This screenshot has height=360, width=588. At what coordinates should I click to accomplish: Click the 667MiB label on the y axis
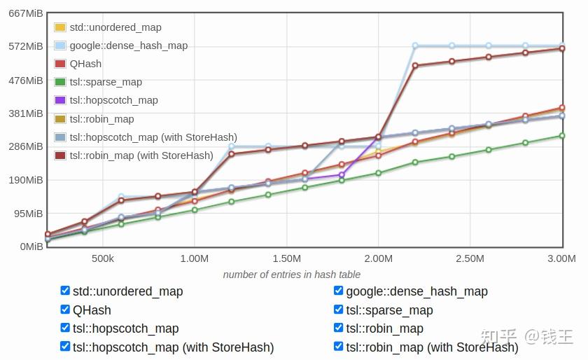[25, 13]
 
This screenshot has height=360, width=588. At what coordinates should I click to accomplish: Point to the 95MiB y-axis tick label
[29, 214]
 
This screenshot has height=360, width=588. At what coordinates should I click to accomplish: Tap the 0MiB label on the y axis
[31, 247]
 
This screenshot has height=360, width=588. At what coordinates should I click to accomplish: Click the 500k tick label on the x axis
[103, 258]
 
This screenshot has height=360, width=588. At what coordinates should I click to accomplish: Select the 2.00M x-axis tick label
[379, 258]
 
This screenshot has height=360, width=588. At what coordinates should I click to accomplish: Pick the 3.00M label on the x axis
[561, 258]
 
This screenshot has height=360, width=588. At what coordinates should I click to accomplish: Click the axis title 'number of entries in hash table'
[292, 275]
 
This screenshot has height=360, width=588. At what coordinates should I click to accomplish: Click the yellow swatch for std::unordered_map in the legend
[60, 27]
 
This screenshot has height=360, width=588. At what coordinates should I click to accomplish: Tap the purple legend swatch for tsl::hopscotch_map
[60, 100]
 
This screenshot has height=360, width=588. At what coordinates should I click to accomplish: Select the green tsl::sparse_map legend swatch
[60, 82]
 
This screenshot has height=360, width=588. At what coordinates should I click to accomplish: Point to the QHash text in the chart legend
[85, 64]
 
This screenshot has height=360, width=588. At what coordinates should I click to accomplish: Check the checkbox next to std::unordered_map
[65, 291]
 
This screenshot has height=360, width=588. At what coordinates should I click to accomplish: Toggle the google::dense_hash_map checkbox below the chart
[338, 291]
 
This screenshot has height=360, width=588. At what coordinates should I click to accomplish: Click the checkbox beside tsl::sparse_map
[338, 310]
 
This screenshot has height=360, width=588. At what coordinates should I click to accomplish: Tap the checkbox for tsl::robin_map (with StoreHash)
[338, 346]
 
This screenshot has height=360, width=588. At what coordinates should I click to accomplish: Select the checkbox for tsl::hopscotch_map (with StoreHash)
[65, 346]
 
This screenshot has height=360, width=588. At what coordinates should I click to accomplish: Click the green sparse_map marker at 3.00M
[561, 135]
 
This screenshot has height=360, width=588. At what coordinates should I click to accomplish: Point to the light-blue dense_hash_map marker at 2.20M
[415, 46]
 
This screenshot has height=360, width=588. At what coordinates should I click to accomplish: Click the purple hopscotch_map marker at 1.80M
[342, 174]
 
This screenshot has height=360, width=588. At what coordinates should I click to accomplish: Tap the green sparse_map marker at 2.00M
[379, 173]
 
